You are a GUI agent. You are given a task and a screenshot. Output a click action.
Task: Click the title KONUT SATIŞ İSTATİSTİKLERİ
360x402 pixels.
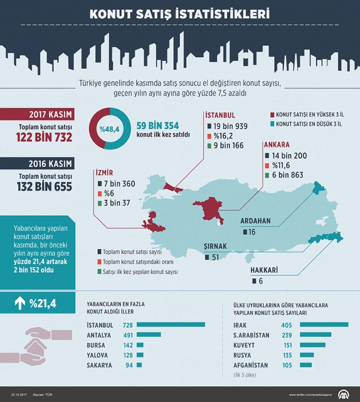tap(180, 13)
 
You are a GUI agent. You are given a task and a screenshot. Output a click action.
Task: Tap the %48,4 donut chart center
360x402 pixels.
tap(110, 129)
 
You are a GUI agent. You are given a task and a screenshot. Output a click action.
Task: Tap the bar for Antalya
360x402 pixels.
tap(148, 335)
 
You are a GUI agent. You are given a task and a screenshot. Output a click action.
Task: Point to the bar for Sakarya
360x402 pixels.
tap(138, 365)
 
